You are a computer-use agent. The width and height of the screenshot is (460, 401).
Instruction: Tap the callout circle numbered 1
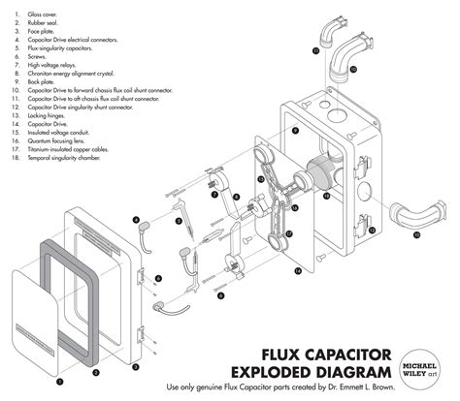[33, 383]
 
